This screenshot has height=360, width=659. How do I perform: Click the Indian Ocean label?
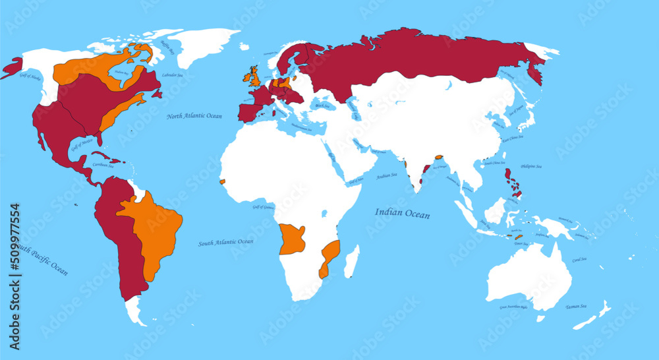pos(402,214)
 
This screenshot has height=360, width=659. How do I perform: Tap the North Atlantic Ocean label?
pos(194,116)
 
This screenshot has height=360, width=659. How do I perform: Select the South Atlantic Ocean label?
pos(225,243)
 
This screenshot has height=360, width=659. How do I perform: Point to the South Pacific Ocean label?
pos(41,258)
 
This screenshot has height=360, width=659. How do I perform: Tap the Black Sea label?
pos(322,105)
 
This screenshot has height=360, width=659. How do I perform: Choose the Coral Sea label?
pos(581,260)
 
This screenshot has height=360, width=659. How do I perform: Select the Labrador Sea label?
pos(173,75)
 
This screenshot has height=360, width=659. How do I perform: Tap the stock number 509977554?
pos(15,277)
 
